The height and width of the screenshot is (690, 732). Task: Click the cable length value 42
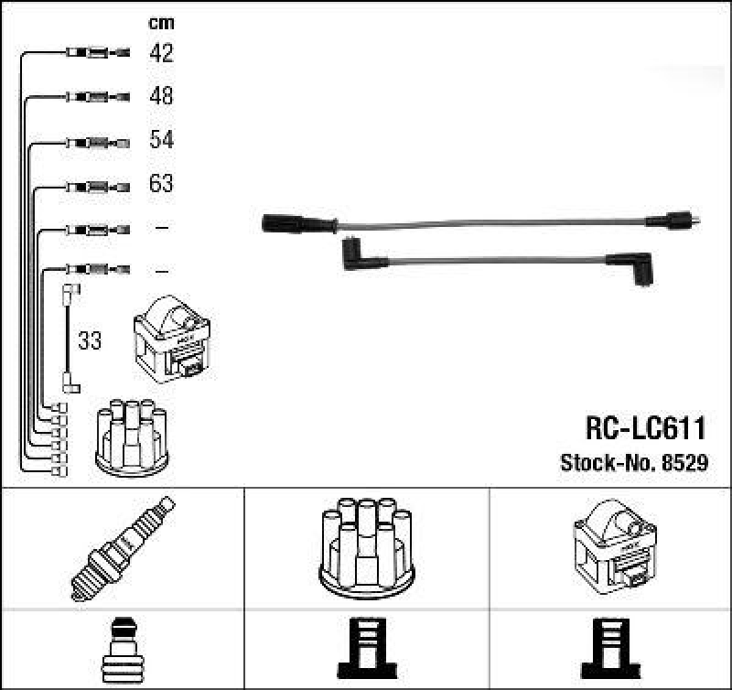tap(162, 52)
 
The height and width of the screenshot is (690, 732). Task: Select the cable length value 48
tap(162, 96)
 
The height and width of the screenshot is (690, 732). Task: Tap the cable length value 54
tap(162, 139)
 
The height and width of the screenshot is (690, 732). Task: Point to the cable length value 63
tap(162, 183)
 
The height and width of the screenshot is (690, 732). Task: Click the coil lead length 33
tap(90, 340)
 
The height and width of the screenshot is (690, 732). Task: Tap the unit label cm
tap(162, 24)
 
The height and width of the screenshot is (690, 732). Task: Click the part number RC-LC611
tap(646, 427)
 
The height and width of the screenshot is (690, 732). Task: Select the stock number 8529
tap(685, 462)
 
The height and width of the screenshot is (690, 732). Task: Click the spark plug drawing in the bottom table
tap(123, 548)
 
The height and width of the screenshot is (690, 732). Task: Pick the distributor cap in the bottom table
tap(367, 548)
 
